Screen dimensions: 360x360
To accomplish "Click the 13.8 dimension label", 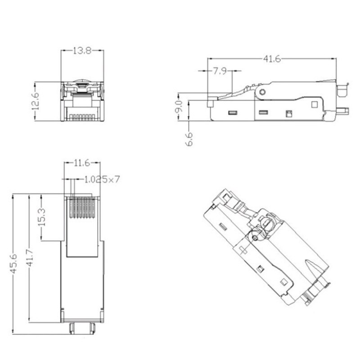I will click(x=82, y=51).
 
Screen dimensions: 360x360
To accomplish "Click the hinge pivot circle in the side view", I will click(x=262, y=92).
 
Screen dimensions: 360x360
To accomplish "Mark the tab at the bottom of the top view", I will click(x=82, y=327).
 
